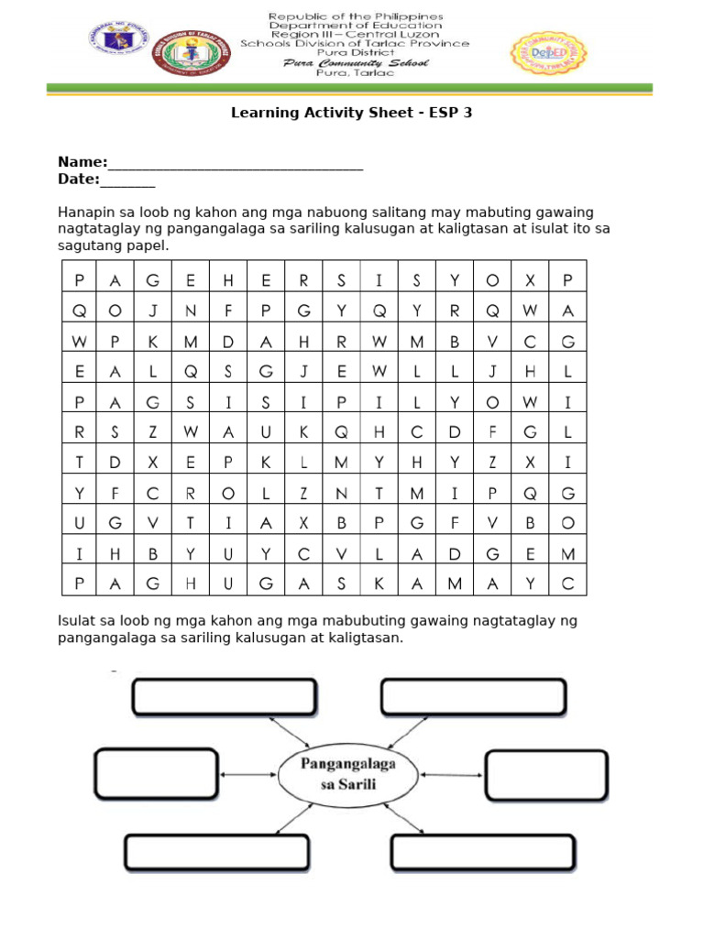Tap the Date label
[79, 179]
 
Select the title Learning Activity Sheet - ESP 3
[351, 114]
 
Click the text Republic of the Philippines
[355, 16]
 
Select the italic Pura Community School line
[355, 63]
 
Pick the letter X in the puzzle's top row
[530, 280]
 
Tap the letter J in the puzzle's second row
[153, 311]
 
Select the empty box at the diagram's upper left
[225, 696]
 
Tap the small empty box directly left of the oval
[157, 775]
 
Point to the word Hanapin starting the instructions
[83, 213]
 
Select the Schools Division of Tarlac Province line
[355, 43]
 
